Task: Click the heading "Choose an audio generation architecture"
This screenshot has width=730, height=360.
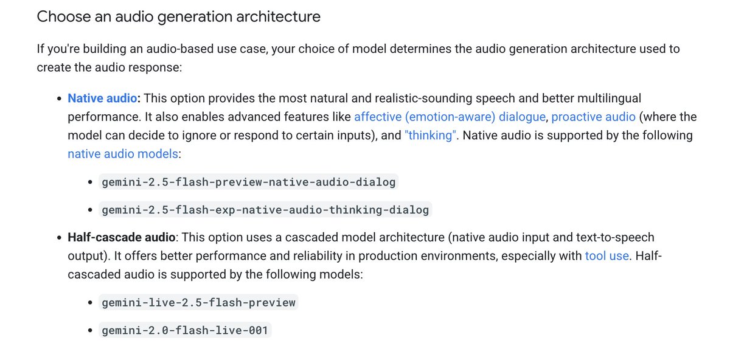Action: coord(178,16)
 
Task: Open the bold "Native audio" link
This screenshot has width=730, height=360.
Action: coord(102,98)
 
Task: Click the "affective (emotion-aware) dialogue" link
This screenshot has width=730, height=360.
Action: coord(450,117)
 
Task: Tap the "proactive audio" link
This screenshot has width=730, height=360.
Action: coord(593,117)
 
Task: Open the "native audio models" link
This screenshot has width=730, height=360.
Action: coord(123,154)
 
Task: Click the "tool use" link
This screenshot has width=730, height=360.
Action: coord(607,255)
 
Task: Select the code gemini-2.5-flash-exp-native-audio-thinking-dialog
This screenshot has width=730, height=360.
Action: coord(265,210)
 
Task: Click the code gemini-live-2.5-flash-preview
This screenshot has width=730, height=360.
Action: coord(198,302)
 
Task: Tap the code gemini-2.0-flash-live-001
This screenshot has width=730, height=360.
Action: coord(185,331)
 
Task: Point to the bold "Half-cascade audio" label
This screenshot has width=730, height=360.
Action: coord(122,237)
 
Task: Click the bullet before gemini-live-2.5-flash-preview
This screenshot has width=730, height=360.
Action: coord(90,302)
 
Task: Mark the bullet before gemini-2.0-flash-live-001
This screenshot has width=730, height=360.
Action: coord(90,331)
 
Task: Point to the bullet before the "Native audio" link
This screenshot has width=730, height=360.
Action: coord(59,98)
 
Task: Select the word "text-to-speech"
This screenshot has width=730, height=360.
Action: coord(610,237)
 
